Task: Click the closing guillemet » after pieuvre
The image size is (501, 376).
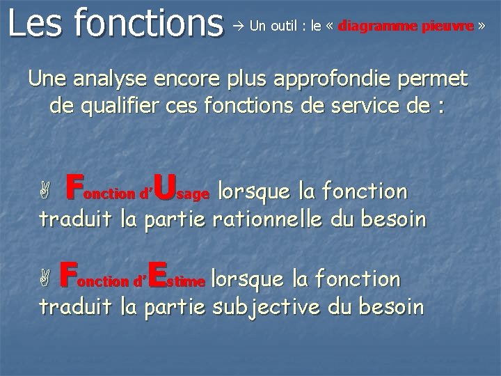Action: pos(480,26)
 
